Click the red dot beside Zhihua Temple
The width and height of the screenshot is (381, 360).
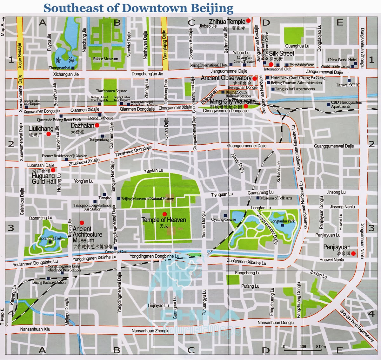pos(249,21)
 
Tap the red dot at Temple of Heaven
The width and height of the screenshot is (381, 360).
pos(164,214)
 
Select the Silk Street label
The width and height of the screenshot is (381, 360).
pos(282,54)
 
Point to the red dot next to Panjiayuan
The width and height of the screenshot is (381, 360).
pos(353,253)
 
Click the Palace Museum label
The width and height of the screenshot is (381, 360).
pos(105,59)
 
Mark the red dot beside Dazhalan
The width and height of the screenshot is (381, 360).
pos(97,126)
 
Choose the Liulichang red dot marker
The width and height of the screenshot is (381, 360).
pos(49,134)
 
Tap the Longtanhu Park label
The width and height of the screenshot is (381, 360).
pos(282,221)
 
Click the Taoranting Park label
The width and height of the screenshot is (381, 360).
pos(50,238)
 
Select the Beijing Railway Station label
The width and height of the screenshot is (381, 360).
pos(49,282)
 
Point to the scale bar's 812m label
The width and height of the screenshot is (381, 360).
pos(321,347)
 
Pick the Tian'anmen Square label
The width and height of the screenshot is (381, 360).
pos(111,91)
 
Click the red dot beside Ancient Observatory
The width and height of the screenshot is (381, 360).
pos(254,78)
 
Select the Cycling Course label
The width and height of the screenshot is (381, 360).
pos(224,219)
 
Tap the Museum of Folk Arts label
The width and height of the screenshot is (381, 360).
pos(276,198)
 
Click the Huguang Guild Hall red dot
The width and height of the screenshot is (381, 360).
pos(53,170)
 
